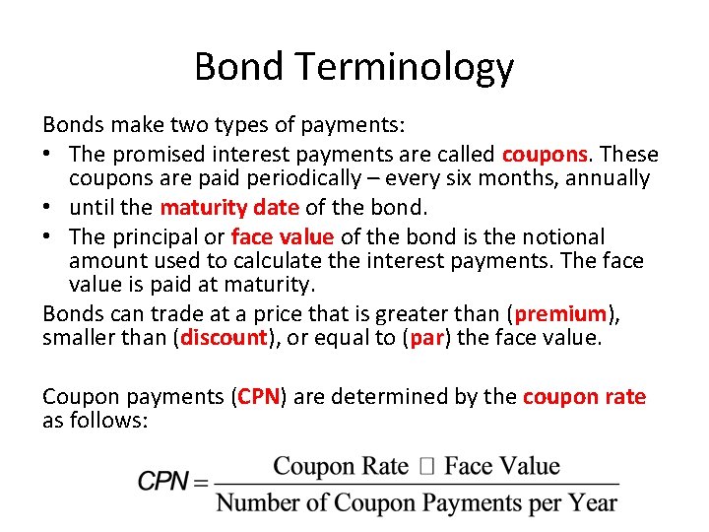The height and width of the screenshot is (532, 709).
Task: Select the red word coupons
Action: [x=546, y=155]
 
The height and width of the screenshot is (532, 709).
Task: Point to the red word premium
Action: [x=560, y=314]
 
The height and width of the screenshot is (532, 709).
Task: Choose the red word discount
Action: [x=223, y=338]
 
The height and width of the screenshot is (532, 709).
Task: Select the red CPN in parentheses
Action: [x=259, y=397]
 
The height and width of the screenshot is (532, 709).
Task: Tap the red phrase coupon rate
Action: [x=584, y=397]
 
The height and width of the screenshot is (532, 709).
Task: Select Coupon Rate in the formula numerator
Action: [x=341, y=466]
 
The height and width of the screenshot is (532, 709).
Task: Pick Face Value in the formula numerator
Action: [x=501, y=466]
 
